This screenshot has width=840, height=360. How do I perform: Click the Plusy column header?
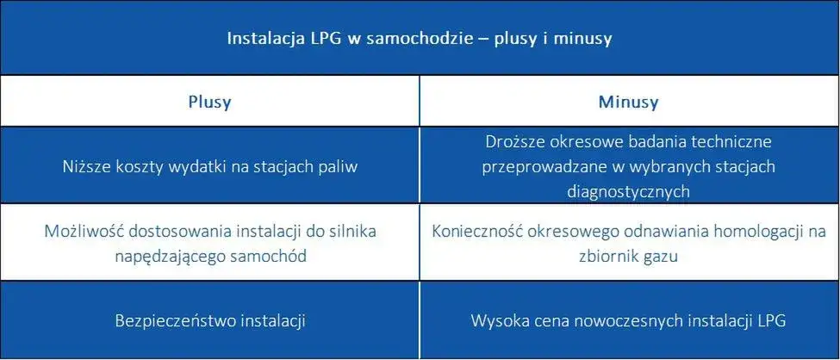[x=209, y=102]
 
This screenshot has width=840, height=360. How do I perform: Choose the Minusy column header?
[x=628, y=102]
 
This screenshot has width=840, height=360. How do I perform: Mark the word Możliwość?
[x=78, y=231]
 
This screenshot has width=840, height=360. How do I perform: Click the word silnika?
[x=352, y=231]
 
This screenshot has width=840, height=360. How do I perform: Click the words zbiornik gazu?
[x=629, y=255]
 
